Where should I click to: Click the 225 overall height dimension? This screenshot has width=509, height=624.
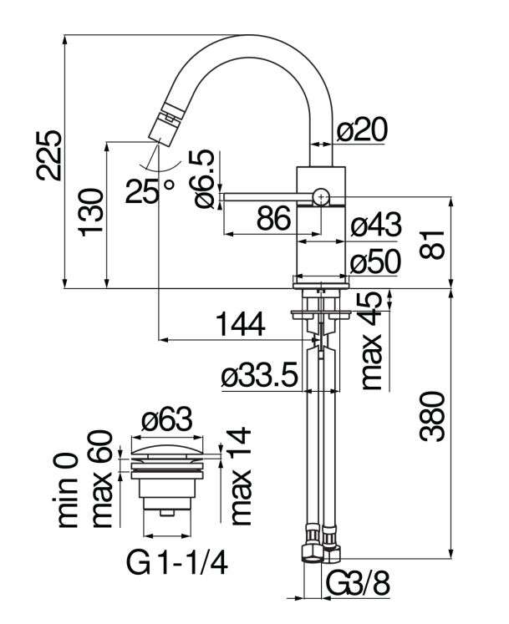(48, 155)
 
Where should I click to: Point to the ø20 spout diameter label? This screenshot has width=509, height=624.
(364, 129)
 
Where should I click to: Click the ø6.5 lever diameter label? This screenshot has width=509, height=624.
(203, 179)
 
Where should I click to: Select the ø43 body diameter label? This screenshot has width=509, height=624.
(376, 226)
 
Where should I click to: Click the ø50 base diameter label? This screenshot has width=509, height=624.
(376, 261)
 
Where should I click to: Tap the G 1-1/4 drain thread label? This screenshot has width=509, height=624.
(177, 566)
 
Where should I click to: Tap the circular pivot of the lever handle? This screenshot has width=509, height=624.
(321, 196)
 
